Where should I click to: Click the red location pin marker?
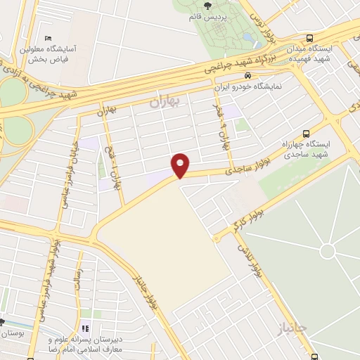click(x=181, y=165)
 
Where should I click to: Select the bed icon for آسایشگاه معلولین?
click(x=47, y=37)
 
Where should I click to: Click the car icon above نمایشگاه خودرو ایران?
click(x=247, y=75)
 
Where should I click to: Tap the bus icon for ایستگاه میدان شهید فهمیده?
click(x=311, y=38)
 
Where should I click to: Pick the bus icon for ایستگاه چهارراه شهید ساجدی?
click(x=305, y=133)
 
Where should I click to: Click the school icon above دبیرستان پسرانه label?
click(x=85, y=328)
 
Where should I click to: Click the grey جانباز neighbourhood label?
click(x=293, y=330)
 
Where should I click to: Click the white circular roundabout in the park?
click(x=327, y=251)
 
